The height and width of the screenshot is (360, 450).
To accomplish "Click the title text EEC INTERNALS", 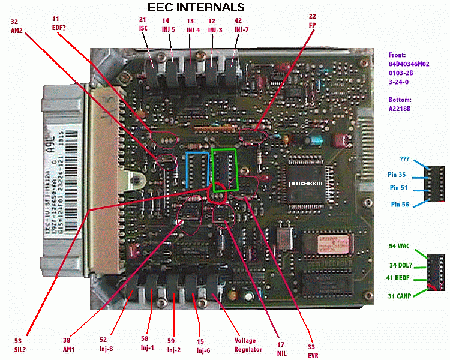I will click(x=196, y=8).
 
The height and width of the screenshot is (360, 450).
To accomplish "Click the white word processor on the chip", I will click(x=306, y=182).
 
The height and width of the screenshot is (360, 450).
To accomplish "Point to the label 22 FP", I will click(x=313, y=21).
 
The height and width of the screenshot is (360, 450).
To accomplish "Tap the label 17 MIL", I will click(x=281, y=349).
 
